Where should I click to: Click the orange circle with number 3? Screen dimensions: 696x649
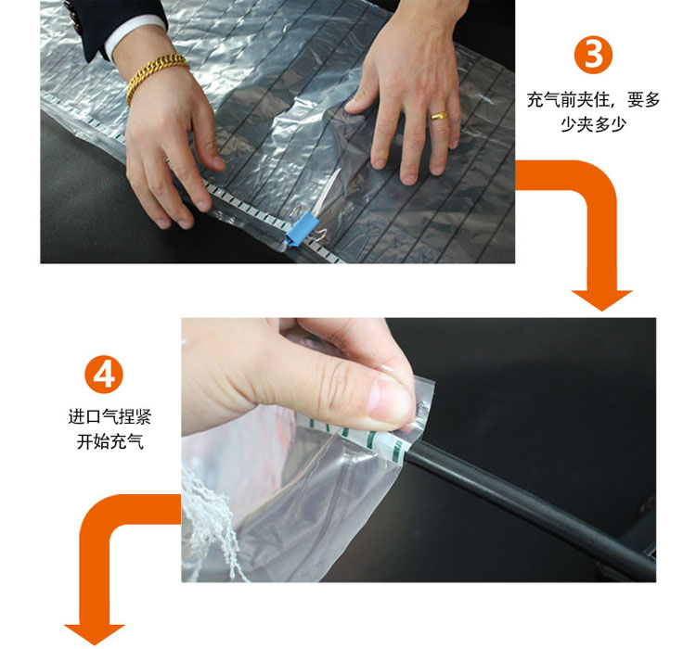pyautogui.click(x=593, y=55)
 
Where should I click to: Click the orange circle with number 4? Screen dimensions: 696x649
pyautogui.click(x=103, y=375)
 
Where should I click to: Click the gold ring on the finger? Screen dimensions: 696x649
pyautogui.click(x=438, y=116)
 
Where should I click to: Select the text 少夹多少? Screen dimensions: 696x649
pyautogui.click(x=593, y=124)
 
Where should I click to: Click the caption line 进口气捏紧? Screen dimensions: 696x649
pyautogui.click(x=110, y=416)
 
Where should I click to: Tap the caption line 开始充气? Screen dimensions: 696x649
pyautogui.click(x=110, y=441)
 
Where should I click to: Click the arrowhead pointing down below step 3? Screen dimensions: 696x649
pyautogui.click(x=601, y=299)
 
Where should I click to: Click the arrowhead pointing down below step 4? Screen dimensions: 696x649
pyautogui.click(x=95, y=634)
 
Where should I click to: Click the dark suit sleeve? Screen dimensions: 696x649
pyautogui.click(x=111, y=18)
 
